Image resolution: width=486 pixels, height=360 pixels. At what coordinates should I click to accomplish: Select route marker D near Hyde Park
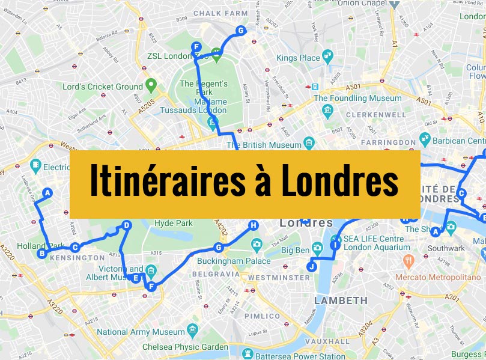tap(126, 225)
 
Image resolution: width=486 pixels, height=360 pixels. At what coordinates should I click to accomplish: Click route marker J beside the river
tap(311, 266)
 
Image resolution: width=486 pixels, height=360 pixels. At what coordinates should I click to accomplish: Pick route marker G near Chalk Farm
tap(240, 31)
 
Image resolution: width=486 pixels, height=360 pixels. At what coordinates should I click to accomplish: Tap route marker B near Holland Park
tap(42, 254)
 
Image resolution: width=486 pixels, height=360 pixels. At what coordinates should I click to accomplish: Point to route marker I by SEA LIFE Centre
tap(335, 245)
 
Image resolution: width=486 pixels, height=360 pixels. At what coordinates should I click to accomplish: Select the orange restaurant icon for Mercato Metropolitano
tap(409, 261)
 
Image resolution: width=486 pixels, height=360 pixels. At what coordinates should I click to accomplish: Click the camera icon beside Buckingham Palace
tap(257, 245)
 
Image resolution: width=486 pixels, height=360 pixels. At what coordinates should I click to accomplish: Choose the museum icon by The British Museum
tap(309, 144)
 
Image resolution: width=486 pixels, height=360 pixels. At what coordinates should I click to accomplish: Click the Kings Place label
tap(298, 58)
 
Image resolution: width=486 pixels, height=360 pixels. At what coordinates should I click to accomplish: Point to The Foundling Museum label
tap(357, 98)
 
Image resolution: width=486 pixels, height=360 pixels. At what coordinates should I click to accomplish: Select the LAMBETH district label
tap(341, 300)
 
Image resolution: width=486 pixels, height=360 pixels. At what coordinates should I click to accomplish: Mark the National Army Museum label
tap(141, 332)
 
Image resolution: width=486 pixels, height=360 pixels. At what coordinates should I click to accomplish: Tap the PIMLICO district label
tap(262, 316)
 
